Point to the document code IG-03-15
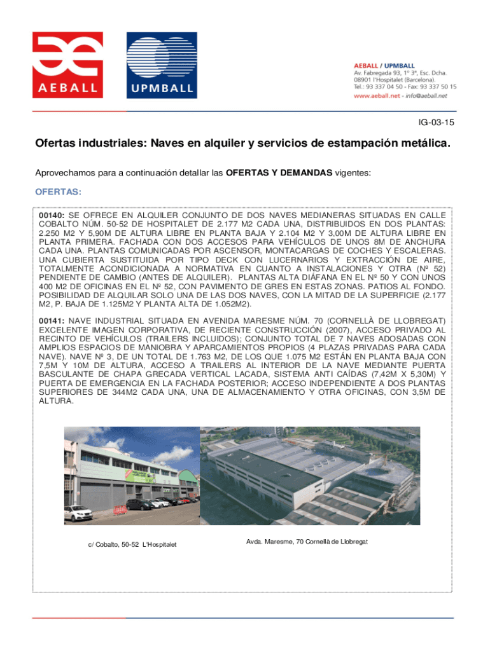[436, 121]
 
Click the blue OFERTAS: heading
[58, 191]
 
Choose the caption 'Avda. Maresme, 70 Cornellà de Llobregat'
[307, 541]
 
